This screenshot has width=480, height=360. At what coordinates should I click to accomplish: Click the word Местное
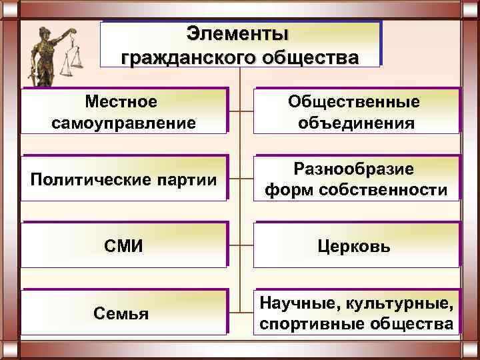click(x=121, y=101)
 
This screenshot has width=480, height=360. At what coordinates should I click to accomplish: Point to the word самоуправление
click(x=123, y=123)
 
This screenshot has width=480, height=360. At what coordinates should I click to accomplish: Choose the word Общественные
click(x=354, y=101)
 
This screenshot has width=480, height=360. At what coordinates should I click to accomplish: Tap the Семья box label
click(x=122, y=313)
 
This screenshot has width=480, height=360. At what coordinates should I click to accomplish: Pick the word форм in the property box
click(x=285, y=191)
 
